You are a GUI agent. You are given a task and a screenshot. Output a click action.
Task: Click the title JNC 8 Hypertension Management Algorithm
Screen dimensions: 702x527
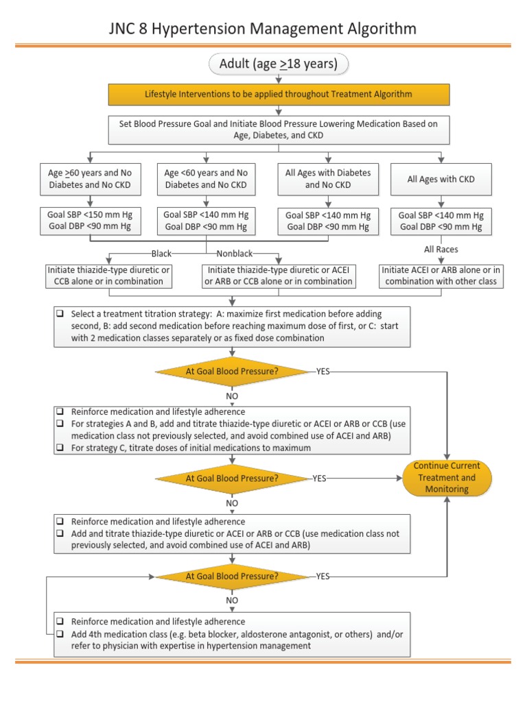[263, 28]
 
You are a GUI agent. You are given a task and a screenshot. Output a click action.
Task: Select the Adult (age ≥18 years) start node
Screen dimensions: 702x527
[278, 64]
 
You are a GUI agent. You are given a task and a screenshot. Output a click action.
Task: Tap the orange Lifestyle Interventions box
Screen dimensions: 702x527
[279, 94]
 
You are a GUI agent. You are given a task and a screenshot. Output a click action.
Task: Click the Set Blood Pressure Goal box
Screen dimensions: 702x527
[279, 128]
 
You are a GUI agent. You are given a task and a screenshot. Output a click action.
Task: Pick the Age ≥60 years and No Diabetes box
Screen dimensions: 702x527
[91, 178]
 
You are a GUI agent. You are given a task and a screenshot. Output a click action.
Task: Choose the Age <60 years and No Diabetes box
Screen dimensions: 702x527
[207, 178]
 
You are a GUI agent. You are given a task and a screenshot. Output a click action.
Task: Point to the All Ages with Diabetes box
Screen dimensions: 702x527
[328, 178]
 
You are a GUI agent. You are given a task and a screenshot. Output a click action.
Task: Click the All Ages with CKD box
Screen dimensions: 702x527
[441, 179]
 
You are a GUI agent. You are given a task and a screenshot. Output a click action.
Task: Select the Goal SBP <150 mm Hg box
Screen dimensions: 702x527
[91, 220]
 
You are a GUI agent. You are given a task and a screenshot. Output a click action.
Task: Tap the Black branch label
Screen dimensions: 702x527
[162, 254]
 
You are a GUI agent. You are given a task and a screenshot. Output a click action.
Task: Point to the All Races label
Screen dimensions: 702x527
[441, 250]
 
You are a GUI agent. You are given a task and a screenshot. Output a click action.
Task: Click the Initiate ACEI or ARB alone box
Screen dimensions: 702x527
[441, 276]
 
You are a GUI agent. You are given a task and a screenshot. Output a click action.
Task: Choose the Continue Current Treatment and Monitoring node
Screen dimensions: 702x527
[447, 478]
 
